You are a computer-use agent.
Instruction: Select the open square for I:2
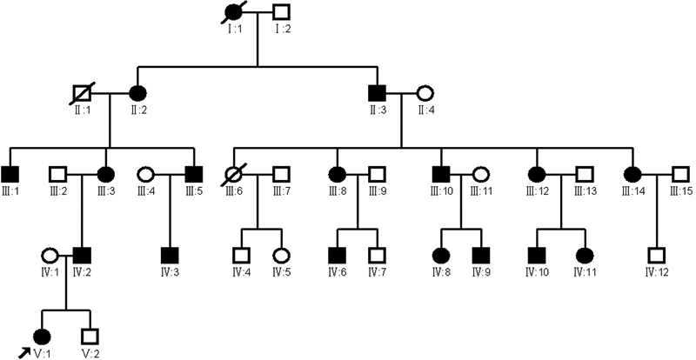(x=280, y=14)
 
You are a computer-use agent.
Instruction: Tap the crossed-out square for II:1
(x=84, y=91)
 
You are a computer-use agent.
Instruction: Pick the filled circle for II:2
(x=137, y=91)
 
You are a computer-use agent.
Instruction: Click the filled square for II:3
(x=378, y=91)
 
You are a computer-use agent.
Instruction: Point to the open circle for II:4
(x=425, y=91)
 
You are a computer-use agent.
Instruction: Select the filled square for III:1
(x=11, y=174)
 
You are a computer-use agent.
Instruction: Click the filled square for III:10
(x=439, y=174)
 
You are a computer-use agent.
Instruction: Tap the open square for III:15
(x=681, y=174)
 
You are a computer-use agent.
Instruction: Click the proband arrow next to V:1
(x=23, y=350)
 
